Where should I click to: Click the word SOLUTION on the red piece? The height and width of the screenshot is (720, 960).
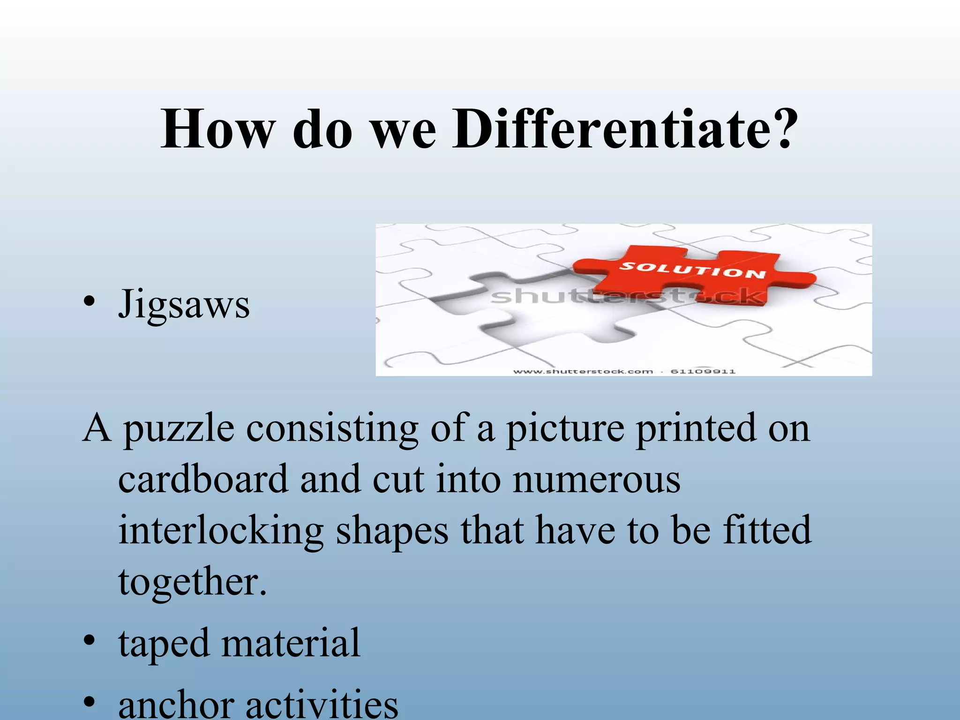(692, 270)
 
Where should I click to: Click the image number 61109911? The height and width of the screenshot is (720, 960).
(703, 371)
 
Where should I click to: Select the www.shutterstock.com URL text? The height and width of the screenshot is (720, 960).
(583, 371)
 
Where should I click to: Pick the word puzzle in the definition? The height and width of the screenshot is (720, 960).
(179, 429)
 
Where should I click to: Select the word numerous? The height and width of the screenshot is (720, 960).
(596, 480)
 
